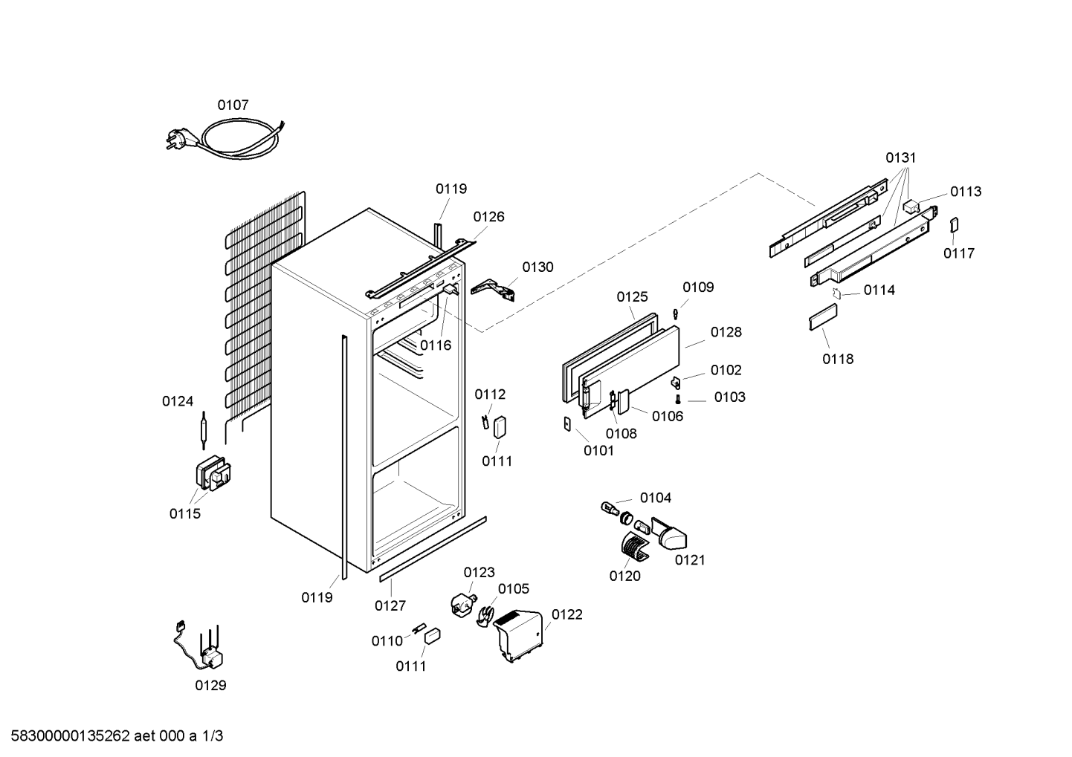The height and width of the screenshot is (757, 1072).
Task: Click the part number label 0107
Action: [x=233, y=105]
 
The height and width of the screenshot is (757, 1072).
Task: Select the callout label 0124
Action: [x=178, y=401]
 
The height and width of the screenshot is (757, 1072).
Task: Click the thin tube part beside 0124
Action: [x=204, y=430]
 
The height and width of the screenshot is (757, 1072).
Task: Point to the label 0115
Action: [x=184, y=513]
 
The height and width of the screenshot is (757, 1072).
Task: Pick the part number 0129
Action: [x=210, y=685]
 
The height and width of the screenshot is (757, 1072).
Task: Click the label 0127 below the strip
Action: [x=390, y=606]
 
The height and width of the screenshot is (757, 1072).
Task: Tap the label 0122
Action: [x=567, y=614]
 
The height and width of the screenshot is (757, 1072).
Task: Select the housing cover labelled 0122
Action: [x=518, y=635]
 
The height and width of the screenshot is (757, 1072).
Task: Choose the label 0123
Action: [x=479, y=573]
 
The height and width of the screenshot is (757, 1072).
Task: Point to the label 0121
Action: [x=690, y=560]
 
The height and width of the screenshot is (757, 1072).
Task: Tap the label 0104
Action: [x=656, y=498]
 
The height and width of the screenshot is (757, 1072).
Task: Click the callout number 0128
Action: [x=726, y=332]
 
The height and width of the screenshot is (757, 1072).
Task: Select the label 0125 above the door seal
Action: [x=632, y=297]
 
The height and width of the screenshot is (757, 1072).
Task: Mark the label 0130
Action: [x=538, y=267]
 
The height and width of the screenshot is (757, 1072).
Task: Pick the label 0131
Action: [x=901, y=157]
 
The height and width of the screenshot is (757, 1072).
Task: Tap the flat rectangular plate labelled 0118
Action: [x=824, y=317]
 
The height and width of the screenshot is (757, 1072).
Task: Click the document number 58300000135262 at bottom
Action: [x=71, y=736]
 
